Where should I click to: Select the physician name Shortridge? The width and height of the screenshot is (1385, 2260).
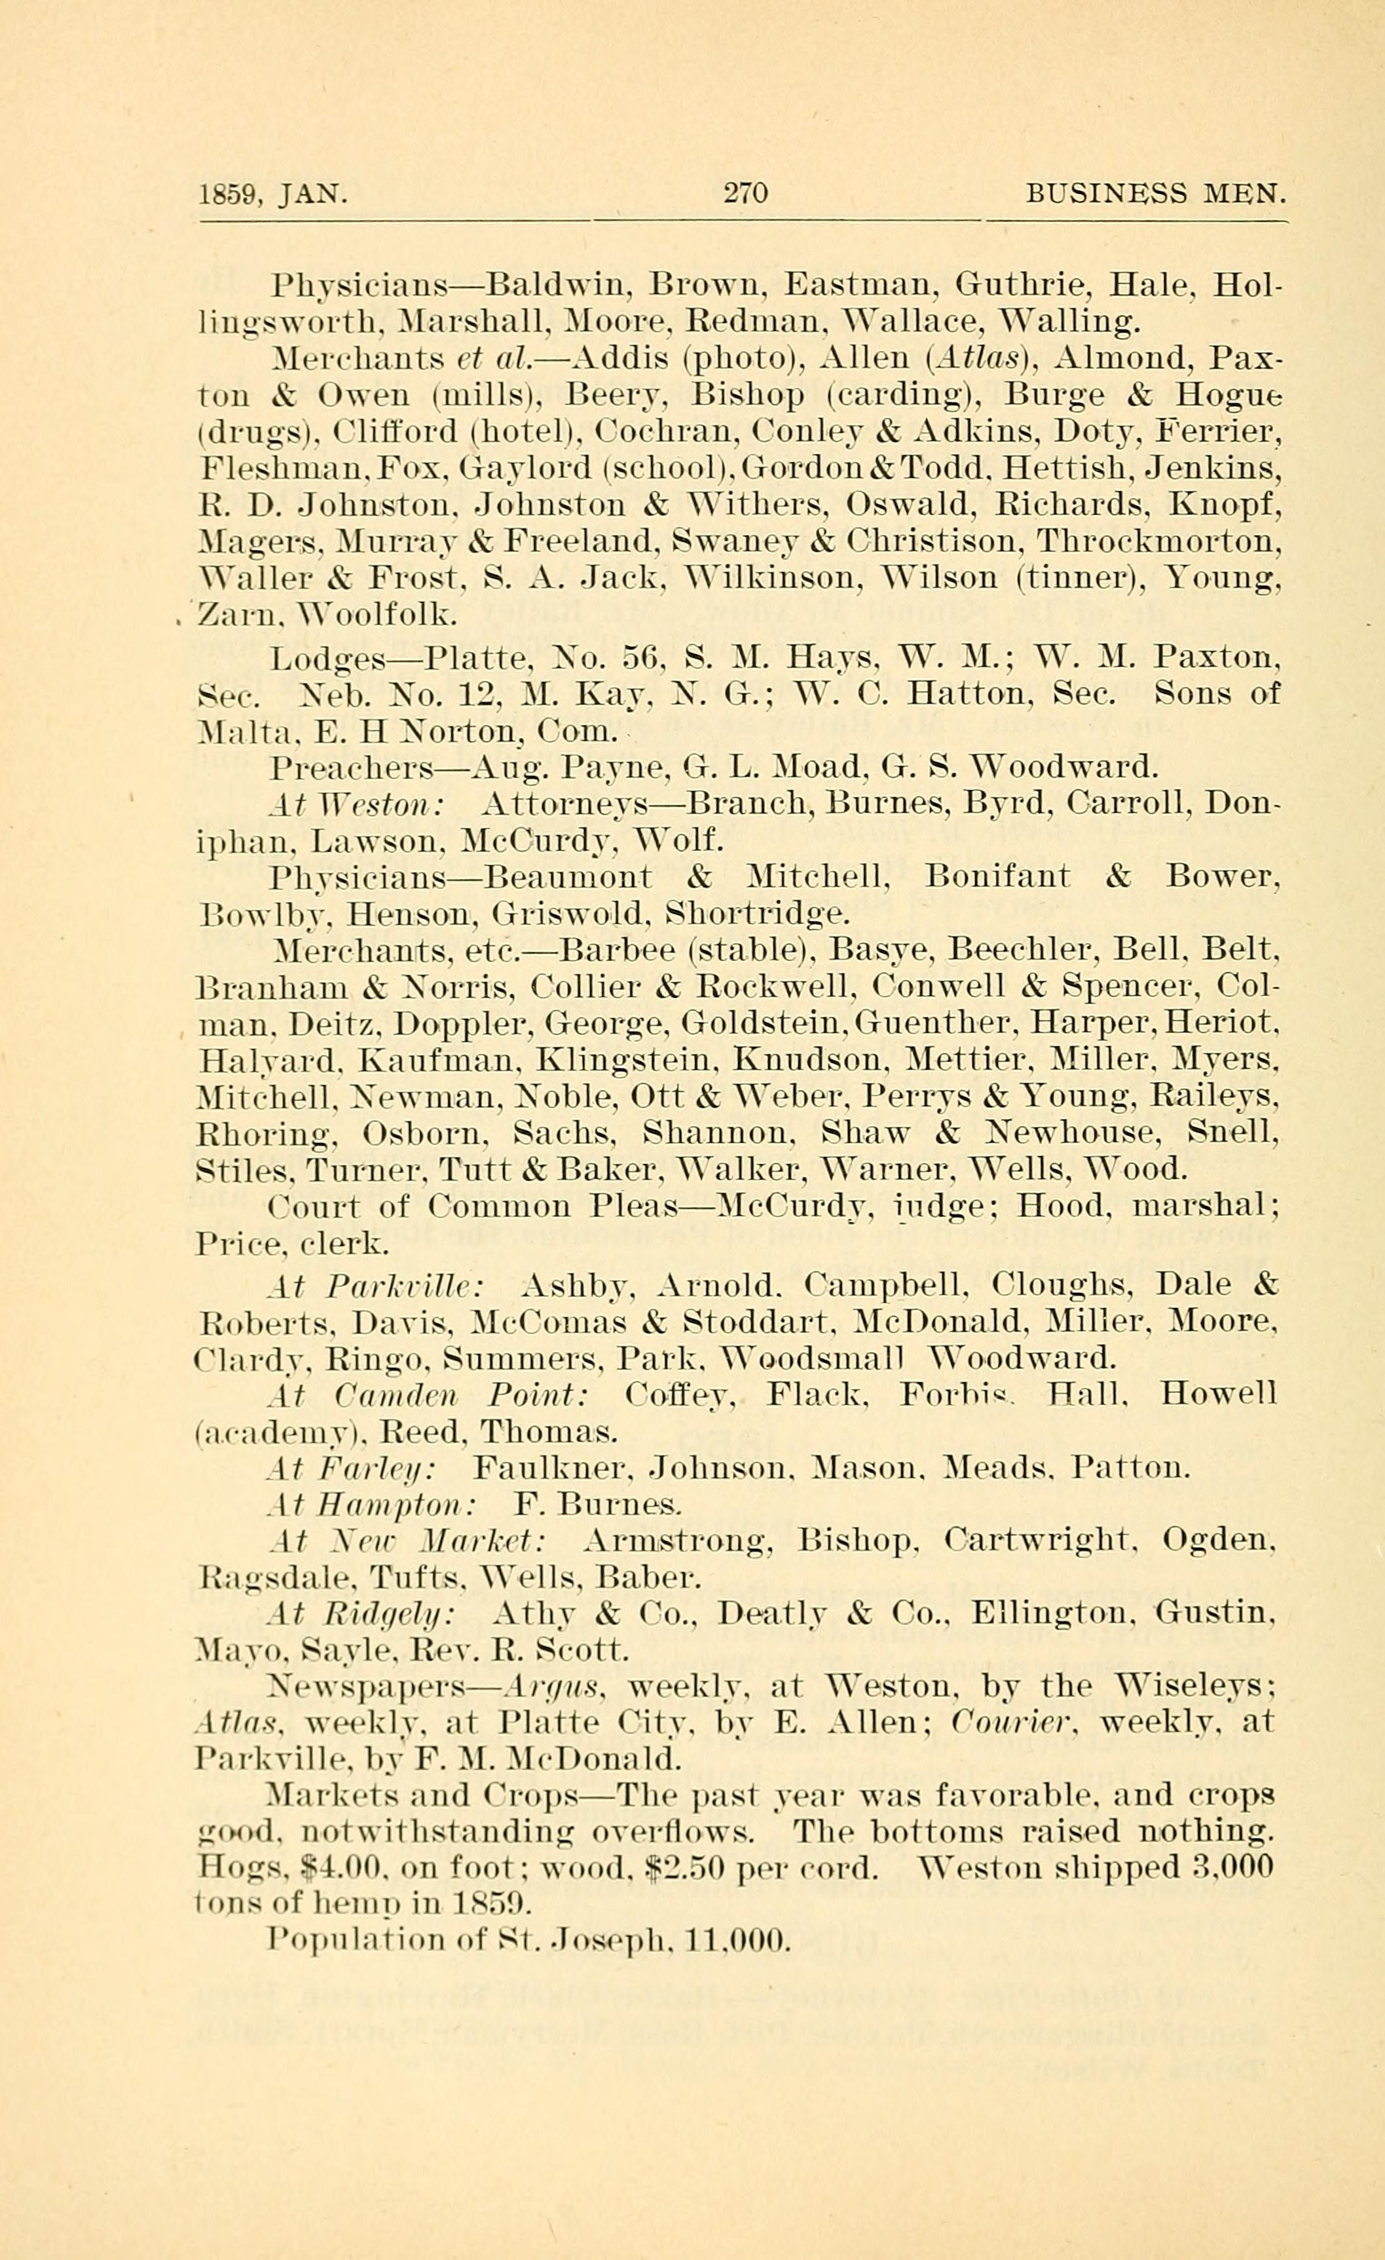click(758, 913)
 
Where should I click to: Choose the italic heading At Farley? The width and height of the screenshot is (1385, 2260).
click(353, 1468)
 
